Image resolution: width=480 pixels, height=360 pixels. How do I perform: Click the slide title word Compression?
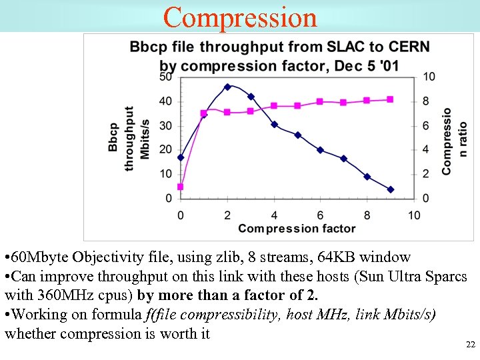coord(240,17)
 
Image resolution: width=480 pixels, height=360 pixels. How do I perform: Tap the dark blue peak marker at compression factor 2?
coord(227,87)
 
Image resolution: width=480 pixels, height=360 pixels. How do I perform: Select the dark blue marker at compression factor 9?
coord(391,189)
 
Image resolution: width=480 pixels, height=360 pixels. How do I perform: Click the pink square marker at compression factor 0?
coord(180,187)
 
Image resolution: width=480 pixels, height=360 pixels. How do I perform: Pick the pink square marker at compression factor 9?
coord(390,99)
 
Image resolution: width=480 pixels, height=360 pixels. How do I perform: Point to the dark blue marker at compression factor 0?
coord(181,157)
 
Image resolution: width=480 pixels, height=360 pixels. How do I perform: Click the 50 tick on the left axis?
coord(165,77)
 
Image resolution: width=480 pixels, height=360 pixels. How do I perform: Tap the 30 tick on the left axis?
coord(165,125)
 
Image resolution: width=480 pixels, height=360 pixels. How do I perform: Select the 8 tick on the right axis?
coord(426,101)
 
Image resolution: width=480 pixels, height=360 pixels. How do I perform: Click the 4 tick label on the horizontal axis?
coord(274,215)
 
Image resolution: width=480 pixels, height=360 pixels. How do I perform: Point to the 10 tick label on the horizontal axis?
coord(414,215)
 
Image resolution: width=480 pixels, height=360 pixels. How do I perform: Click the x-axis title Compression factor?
coord(297,229)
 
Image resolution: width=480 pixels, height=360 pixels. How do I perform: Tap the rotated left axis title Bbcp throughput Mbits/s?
coord(130,138)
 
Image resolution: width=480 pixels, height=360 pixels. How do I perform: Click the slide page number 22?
coord(470,345)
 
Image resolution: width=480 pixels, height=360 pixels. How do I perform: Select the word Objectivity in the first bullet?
coord(105,257)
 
